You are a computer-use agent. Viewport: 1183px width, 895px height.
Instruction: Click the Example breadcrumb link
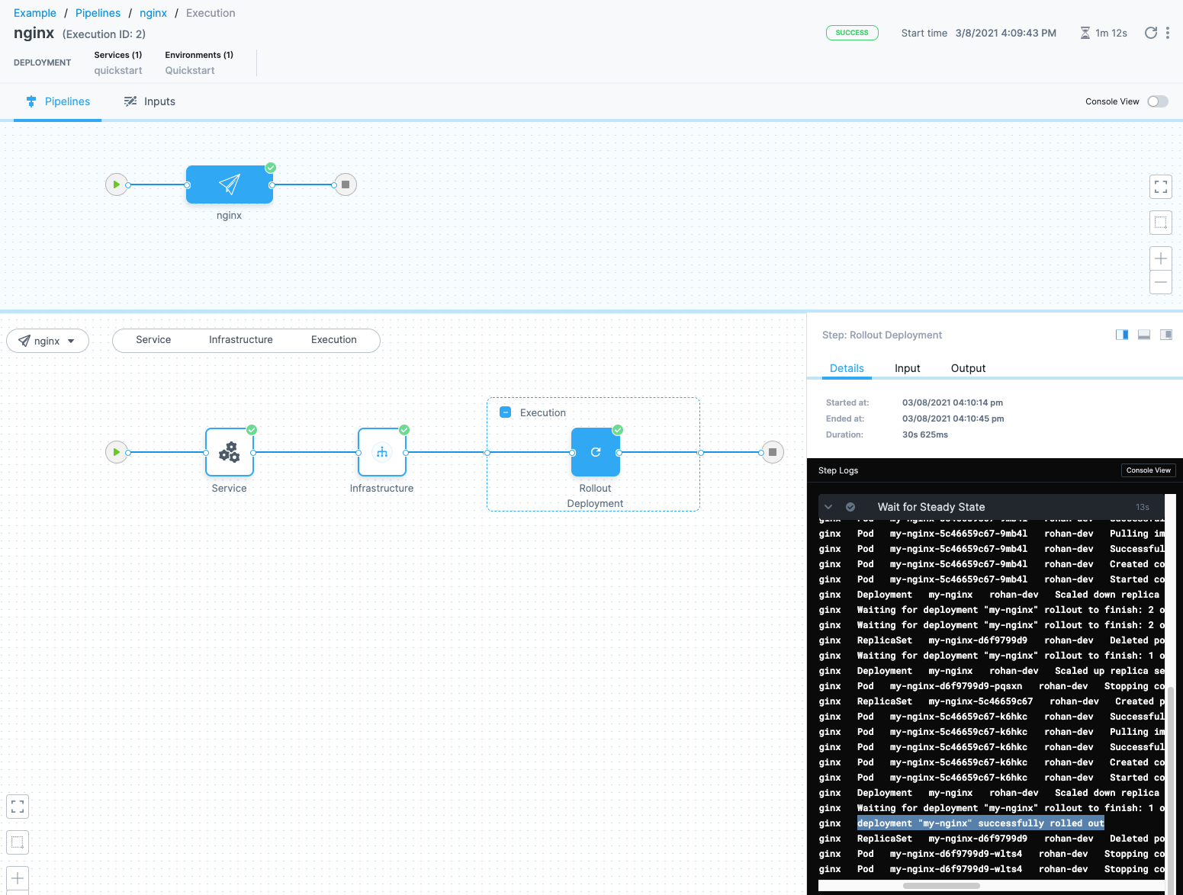35,13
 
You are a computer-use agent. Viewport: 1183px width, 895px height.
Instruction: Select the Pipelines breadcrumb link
98,13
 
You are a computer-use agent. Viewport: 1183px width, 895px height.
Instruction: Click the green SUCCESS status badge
852,33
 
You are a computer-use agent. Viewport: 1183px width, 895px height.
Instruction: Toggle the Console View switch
1157,101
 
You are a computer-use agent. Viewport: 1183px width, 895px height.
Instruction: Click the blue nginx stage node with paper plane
230,184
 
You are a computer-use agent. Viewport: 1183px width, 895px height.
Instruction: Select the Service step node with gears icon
230,452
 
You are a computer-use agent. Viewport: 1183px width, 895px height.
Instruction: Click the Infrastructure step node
382,452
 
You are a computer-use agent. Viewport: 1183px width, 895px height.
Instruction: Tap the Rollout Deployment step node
596,452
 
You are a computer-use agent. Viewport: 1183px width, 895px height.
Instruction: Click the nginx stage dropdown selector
47,341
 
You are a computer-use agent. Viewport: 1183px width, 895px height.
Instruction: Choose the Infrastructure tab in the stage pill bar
241,340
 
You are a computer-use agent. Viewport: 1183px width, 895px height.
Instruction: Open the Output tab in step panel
968,368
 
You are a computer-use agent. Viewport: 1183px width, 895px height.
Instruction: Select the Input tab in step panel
907,368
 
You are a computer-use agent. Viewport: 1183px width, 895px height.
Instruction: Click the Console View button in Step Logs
1148,470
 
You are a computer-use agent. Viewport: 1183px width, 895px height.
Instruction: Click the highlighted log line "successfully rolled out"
980,823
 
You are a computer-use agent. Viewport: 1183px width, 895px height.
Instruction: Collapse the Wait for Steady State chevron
828,507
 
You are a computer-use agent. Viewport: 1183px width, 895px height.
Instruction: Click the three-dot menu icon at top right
1168,33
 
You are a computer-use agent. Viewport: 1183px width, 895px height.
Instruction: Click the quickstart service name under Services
118,70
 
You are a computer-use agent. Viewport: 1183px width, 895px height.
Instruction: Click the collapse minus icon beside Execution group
505,412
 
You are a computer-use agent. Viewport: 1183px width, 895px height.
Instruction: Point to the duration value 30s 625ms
925,435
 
